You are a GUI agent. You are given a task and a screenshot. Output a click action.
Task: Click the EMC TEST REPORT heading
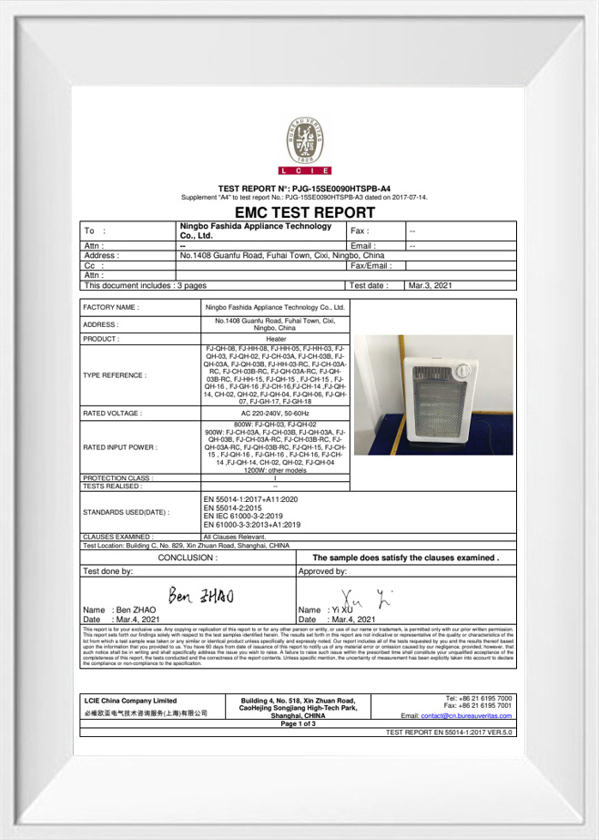coord(298,211)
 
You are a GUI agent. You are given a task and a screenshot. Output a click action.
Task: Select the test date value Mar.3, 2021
coord(430,285)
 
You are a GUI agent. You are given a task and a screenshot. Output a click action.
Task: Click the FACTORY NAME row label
coord(111,308)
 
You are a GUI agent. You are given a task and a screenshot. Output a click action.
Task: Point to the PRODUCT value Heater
coord(275,338)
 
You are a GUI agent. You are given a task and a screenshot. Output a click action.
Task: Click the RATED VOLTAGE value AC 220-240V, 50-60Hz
coord(275,413)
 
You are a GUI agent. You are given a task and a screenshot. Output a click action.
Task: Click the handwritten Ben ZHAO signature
coord(201,597)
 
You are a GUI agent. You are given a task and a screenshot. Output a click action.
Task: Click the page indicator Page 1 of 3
coord(299,723)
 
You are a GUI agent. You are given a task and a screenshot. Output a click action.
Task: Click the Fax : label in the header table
coord(360,231)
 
